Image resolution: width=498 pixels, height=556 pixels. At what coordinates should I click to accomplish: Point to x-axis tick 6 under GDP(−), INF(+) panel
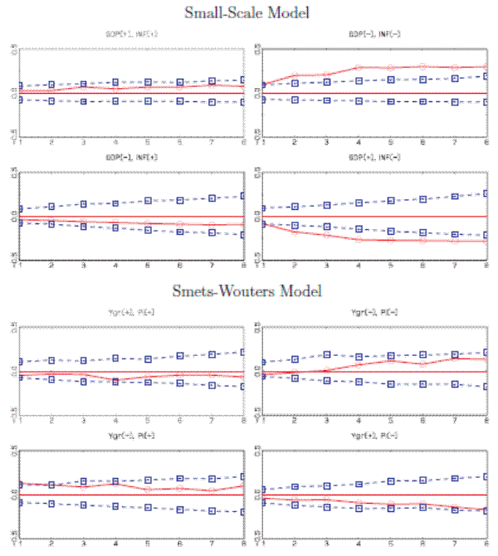click(179, 265)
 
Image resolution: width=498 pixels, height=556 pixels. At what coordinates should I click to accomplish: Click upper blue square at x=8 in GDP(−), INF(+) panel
click(242, 196)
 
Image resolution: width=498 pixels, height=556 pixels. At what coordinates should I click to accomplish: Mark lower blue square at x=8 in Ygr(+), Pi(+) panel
click(242, 387)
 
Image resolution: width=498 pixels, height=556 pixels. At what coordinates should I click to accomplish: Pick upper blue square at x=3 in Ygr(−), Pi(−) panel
click(327, 355)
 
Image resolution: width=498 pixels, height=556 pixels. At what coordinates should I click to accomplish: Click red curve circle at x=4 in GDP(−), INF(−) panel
click(359, 68)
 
